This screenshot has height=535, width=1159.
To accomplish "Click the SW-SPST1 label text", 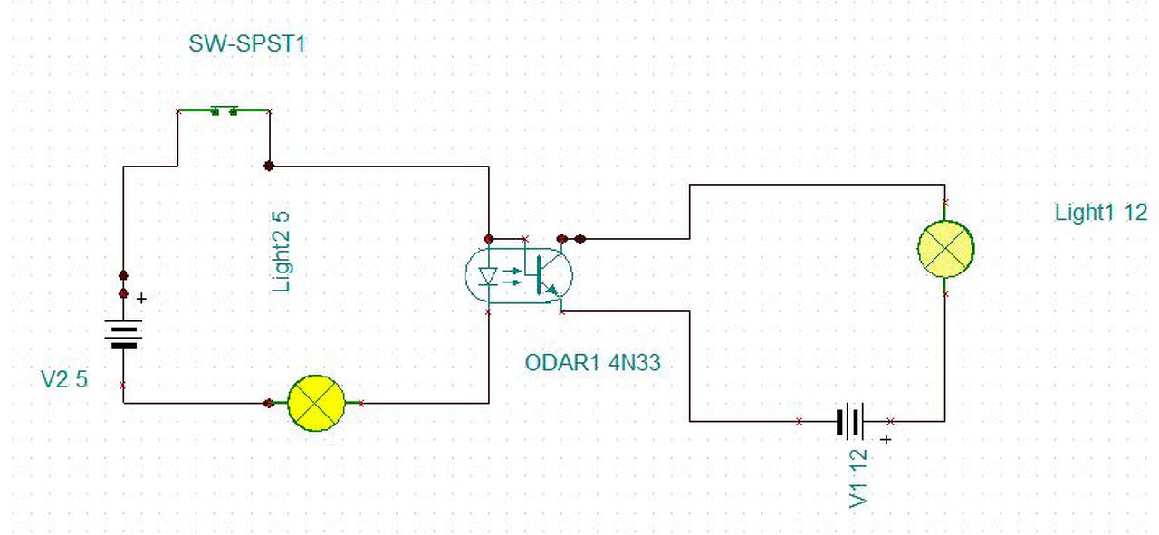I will coord(247,43).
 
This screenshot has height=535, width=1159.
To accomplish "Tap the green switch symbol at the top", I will coord(224,111).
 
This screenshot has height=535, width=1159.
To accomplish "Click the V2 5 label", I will coord(64,379).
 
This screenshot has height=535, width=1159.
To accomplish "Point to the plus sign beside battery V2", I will coord(140,297).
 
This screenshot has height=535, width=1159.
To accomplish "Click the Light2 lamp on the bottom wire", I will coord(316,403).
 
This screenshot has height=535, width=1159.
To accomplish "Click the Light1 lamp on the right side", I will coord(945,247).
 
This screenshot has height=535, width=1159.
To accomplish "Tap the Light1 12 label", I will coord(1100,213).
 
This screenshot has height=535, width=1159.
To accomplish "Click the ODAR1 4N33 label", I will coord(593,364).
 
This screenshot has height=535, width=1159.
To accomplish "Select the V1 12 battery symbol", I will coord(851,421).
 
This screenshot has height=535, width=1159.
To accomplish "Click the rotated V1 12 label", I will coord(859,478).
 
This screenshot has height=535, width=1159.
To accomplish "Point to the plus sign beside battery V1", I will coord(886,440).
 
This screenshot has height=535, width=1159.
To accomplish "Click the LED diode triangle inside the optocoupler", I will coord(489,274).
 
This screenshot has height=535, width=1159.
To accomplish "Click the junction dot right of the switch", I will coord(269,166).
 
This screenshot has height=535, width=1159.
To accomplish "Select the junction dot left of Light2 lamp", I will coord(268,403).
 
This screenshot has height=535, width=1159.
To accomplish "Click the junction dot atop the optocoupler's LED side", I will coord(489,239).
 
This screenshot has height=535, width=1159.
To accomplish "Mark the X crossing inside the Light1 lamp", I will coord(945,247).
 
